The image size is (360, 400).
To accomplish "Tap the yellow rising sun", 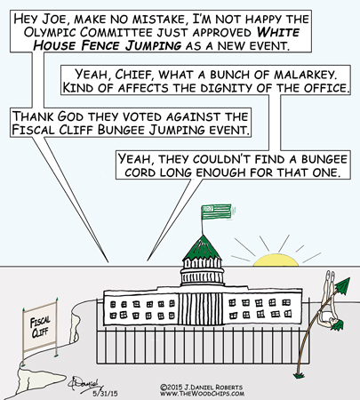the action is [276, 260].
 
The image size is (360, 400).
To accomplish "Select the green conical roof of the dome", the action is [202, 247].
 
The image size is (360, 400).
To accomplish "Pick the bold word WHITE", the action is [278, 32].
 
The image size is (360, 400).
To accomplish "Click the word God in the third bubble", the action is [70, 116].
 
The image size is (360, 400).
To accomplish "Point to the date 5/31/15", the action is [105, 394].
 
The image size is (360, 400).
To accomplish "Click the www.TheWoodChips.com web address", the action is [203, 394].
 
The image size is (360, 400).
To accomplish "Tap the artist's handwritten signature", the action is [86, 384].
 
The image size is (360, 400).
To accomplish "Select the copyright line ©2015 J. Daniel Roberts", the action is [201, 388].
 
